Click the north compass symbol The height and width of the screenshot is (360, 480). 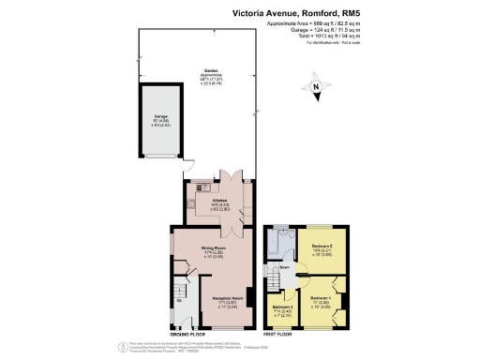[x=317, y=89]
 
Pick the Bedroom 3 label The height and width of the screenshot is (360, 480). [x=283, y=309]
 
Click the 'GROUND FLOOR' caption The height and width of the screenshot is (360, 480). [x=187, y=335]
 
